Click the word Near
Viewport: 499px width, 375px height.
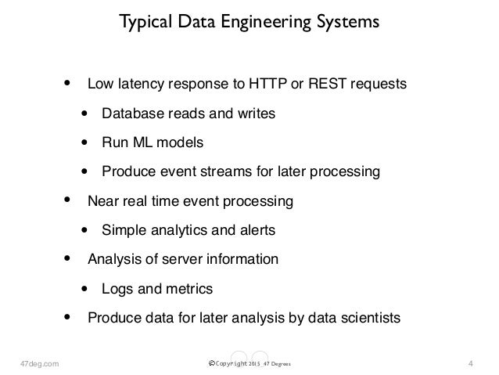click(102, 201)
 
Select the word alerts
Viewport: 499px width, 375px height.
click(259, 230)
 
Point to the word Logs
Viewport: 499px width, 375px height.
click(117, 289)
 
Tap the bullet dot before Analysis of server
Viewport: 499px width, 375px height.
click(68, 258)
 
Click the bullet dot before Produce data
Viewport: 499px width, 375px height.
click(68, 317)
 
